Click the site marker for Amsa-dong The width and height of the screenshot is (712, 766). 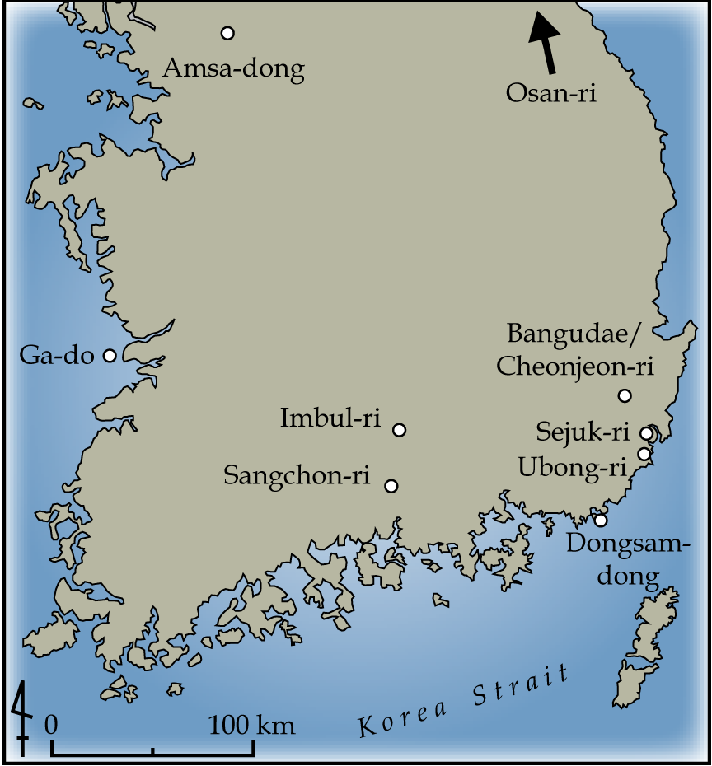click(227, 33)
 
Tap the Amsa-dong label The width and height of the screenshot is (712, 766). click(233, 68)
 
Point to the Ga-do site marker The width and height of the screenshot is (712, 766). click(110, 356)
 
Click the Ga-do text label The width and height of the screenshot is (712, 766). click(57, 356)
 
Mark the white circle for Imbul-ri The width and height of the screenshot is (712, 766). click(400, 430)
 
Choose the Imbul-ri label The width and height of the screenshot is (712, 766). click(330, 418)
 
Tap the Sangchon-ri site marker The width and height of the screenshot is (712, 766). click(391, 486)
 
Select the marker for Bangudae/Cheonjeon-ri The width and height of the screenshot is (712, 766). click(625, 396)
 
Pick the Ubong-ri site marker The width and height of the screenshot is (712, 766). click(644, 454)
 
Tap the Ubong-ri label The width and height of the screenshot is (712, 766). click(573, 467)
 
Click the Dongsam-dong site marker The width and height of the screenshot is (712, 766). click(601, 520)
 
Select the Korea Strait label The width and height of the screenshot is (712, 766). click(464, 701)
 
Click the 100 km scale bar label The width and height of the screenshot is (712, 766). click(251, 726)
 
